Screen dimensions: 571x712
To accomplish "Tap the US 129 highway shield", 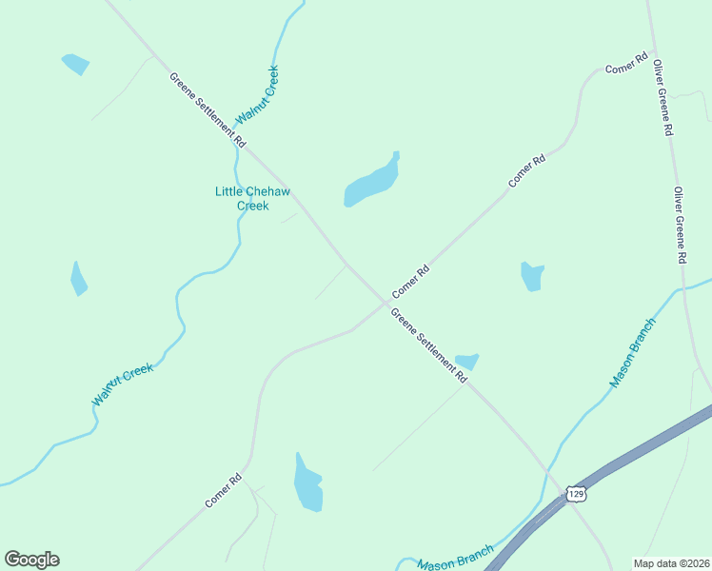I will [574, 492].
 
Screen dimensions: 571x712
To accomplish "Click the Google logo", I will [31, 560].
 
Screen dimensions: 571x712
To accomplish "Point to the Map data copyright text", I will [671, 563].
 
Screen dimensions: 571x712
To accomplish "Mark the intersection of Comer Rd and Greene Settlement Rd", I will [386, 304].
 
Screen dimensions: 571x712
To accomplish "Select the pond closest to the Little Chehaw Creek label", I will [372, 180].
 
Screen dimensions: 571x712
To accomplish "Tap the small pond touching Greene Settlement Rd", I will [466, 361].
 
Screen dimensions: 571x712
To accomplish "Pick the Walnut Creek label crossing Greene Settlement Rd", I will [257, 94].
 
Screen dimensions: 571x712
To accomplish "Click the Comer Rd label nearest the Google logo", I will [224, 489].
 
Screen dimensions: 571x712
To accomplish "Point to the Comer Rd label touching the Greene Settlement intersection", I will [411, 282].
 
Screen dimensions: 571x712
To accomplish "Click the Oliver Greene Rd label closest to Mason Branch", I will [681, 226].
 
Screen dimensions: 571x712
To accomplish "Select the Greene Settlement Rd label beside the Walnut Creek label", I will [208, 109].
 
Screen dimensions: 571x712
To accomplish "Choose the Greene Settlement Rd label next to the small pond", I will [429, 346].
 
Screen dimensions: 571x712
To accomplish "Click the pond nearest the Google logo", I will [307, 484].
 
